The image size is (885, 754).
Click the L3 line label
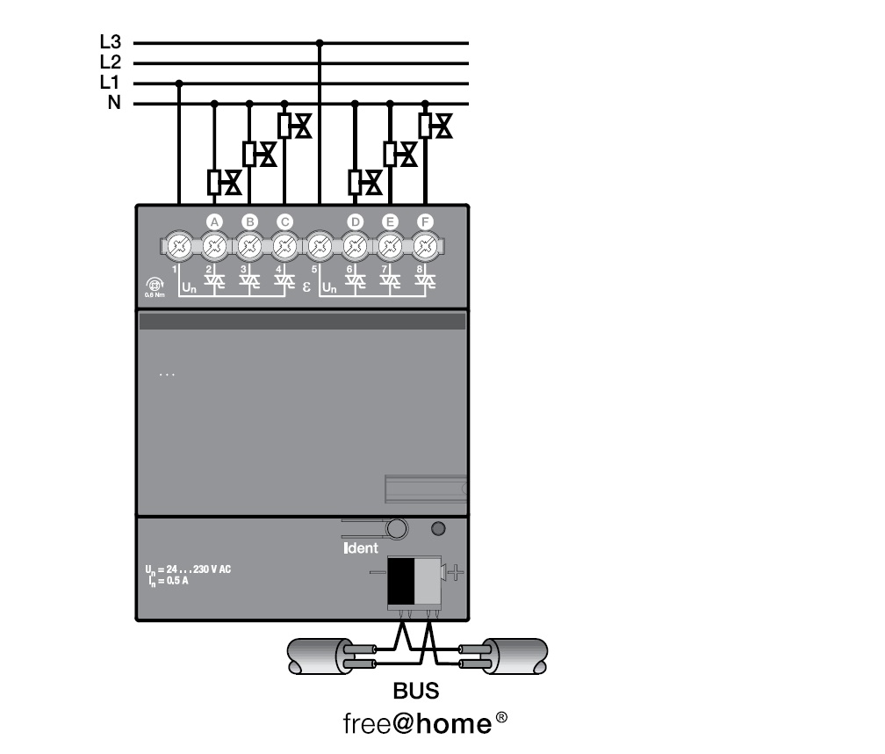point(110,41)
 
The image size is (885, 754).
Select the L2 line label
point(110,62)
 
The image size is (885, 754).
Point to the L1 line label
point(110,83)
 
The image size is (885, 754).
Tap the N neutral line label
point(114,104)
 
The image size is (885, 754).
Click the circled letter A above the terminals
point(213,221)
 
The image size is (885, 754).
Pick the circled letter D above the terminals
point(355,221)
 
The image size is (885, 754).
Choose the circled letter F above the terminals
point(425,221)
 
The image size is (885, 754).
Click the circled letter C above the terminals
point(284,221)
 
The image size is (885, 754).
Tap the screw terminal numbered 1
point(179,245)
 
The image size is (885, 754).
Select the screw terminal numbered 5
point(320,245)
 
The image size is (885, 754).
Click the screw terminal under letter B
point(249,245)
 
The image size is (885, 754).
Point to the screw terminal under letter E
point(390,245)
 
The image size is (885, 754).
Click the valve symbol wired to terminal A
point(224,183)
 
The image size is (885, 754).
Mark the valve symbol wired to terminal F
point(435,126)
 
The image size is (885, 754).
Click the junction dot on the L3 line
point(320,42)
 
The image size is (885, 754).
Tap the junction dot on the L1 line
point(179,83)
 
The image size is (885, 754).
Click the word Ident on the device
point(360,548)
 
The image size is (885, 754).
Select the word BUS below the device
point(416,692)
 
